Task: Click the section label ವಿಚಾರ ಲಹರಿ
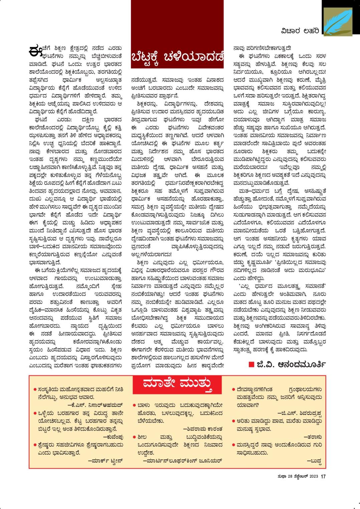coord(300,31)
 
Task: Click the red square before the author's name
coord(251,364)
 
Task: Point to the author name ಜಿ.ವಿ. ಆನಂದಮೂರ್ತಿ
coord(291,364)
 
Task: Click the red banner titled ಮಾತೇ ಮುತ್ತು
coord(177,384)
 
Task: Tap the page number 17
coord(323,477)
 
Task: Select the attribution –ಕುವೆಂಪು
coord(113,437)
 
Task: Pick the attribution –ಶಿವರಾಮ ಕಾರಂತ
coord(203,429)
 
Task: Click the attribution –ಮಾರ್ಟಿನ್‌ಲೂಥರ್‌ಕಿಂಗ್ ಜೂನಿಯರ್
coord(182,461)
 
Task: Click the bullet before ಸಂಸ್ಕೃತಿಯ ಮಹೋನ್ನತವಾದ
coord(35,389)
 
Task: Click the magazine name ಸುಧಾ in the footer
coord(281,477)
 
